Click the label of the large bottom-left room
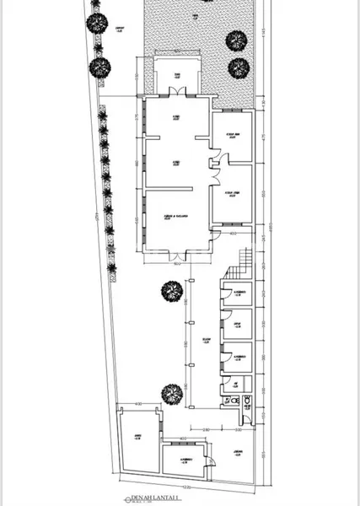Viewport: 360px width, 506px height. click(137, 436)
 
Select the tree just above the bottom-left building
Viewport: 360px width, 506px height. click(171, 393)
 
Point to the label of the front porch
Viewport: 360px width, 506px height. click(177, 77)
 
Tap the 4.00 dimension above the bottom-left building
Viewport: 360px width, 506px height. click(138, 406)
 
